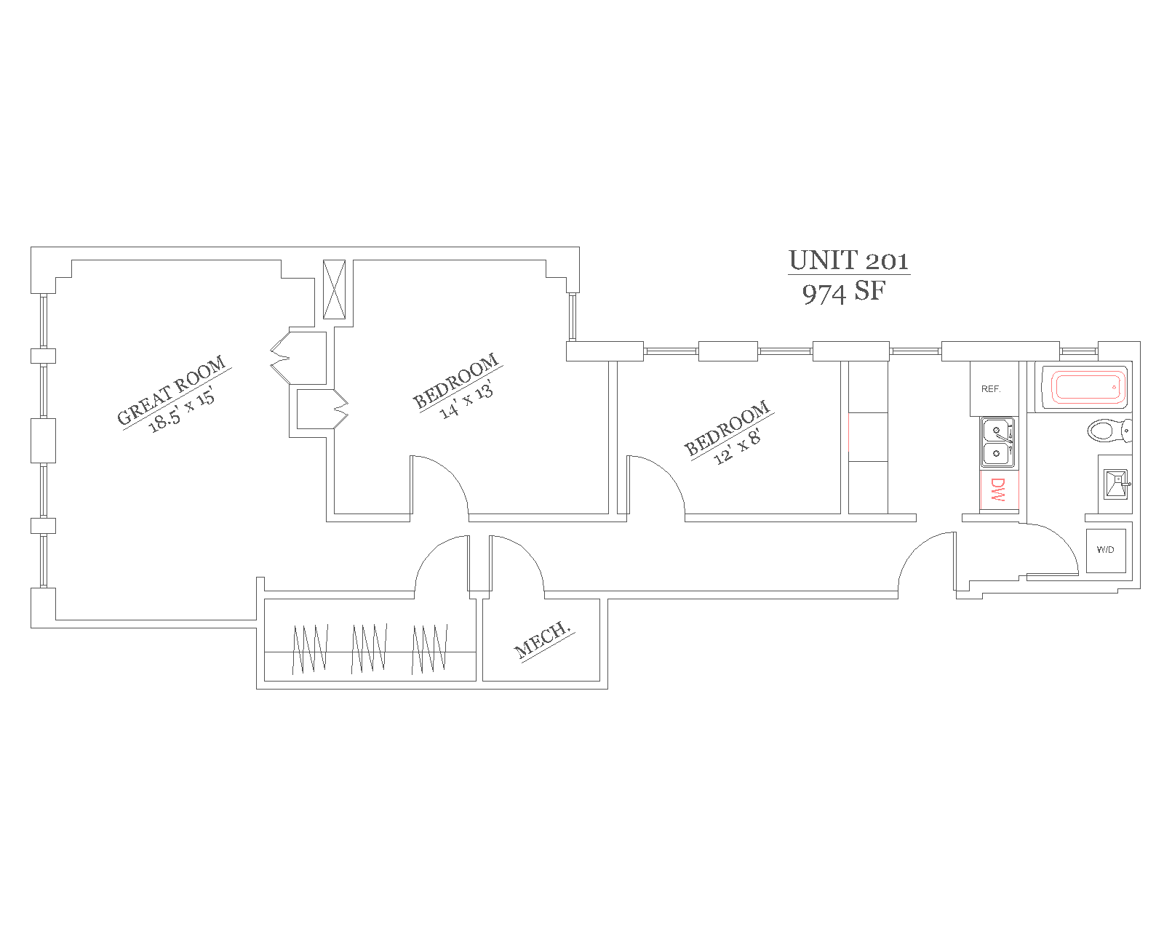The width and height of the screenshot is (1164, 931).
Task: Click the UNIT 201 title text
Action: coord(848,260)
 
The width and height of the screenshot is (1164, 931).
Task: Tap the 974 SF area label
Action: coord(844,292)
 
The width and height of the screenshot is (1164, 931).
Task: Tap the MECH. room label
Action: coord(542,639)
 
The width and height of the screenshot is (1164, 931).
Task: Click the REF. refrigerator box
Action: coord(990,389)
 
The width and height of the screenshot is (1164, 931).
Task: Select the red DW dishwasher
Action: coord(997,490)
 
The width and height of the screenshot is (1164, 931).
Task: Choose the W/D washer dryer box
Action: coord(1105,550)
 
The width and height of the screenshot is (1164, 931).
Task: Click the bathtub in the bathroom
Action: coord(1084,388)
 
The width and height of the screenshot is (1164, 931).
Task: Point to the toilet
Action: coord(1108,431)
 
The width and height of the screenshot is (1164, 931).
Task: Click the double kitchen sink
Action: coord(997,442)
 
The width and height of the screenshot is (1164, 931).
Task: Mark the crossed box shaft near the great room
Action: coord(334,289)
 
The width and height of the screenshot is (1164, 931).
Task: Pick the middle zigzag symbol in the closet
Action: coord(369,648)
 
